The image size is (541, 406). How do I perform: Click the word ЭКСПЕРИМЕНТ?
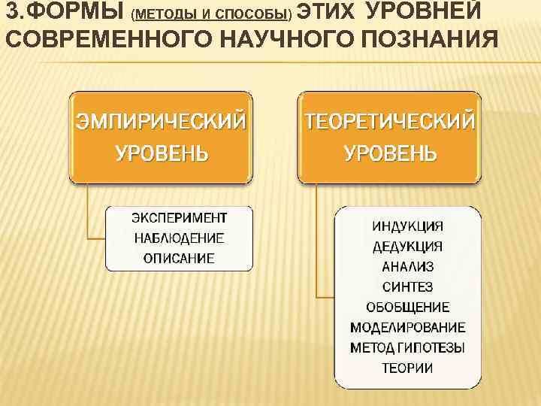pos(179,218)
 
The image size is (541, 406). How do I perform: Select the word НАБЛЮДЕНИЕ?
pos(179,238)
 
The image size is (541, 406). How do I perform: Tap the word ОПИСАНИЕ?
pos(179,259)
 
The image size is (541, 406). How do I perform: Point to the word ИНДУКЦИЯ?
pos(407,226)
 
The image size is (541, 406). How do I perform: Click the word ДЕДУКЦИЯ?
pos(407,246)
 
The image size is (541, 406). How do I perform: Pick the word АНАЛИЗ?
pos(407,266)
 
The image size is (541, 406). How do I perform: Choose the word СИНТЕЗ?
pos(407,286)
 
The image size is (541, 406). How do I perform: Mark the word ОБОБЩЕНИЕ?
pos(407,307)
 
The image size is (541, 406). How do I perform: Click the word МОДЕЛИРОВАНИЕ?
pos(407,327)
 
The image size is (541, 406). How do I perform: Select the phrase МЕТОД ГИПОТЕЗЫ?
pos(407,347)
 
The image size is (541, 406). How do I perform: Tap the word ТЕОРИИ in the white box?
pos(407,368)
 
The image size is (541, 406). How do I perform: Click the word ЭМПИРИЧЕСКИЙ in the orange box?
pos(159,121)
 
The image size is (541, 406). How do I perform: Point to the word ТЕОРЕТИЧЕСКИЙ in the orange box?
pos(389,121)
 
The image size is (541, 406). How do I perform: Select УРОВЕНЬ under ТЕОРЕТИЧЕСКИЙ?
pos(389,153)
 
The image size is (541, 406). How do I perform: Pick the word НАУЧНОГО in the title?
pos(286,38)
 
